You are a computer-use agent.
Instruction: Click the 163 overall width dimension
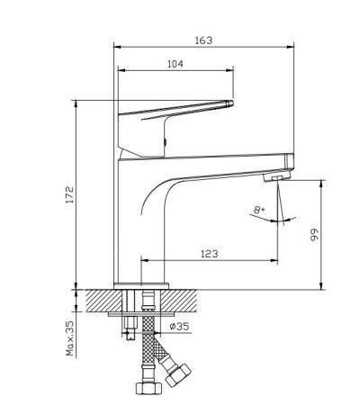205,40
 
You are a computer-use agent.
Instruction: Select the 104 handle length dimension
176,65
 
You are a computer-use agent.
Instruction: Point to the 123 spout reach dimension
209,255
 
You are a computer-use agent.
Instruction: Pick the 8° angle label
261,211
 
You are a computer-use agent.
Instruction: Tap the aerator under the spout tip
273,179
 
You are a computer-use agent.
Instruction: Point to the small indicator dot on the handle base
166,141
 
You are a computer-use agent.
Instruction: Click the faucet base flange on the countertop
142,287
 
